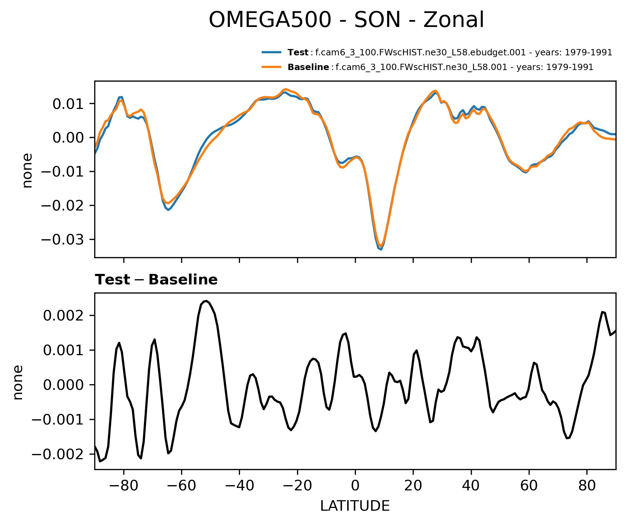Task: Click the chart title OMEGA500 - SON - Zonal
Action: (x=346, y=20)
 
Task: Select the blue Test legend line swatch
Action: (x=271, y=53)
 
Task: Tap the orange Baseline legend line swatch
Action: (x=271, y=67)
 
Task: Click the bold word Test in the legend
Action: (x=298, y=53)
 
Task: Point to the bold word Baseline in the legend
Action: (x=308, y=67)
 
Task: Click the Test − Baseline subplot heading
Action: (x=156, y=280)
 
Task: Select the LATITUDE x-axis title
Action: (x=355, y=506)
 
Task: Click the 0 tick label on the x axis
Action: (x=355, y=486)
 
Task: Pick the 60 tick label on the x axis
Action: (x=529, y=486)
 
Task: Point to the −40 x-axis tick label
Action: (x=239, y=486)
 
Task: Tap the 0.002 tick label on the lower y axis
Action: (x=64, y=316)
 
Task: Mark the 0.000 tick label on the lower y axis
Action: (x=64, y=385)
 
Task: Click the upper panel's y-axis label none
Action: (x=27, y=170)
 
